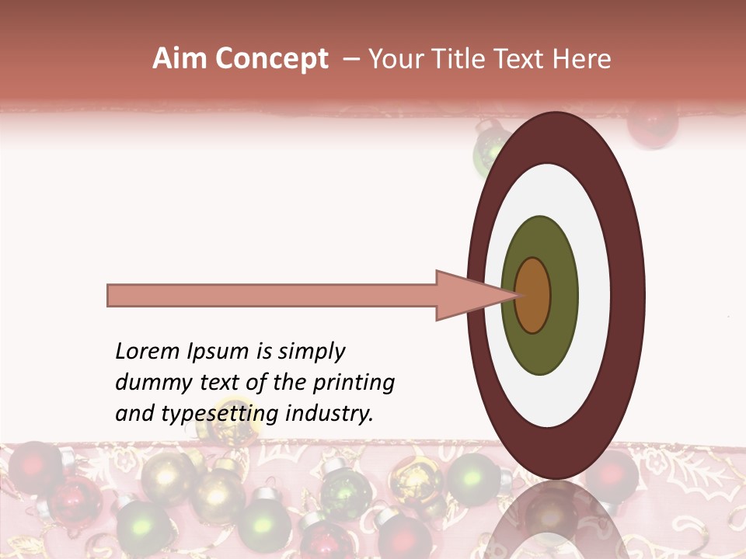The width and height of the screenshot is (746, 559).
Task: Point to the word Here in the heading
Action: click(582, 59)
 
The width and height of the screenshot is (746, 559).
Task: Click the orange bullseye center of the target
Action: click(533, 296)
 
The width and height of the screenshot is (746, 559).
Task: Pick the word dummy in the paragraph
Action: click(148, 383)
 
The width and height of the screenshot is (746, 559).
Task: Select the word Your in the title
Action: click(394, 59)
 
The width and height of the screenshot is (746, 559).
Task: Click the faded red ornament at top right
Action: click(653, 124)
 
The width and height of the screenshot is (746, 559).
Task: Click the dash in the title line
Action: click(350, 59)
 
